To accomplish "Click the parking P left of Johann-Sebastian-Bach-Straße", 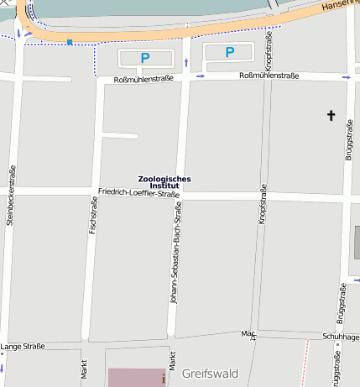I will tap(144, 59).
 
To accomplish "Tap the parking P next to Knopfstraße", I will tap(229, 52).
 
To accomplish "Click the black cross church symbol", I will tap(331, 115).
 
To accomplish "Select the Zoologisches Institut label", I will tap(164, 181).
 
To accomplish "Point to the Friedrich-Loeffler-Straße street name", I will tap(140, 193).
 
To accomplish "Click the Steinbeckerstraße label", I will tap(12, 195).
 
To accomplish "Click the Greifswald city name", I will tap(210, 374).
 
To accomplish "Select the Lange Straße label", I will tap(23, 346).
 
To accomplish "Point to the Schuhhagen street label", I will tap(340, 336).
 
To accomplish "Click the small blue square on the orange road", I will tap(69, 41).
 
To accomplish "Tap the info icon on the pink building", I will tap(163, 377).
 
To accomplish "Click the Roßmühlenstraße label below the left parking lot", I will tap(143, 79).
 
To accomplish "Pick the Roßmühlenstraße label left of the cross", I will tap(265, 76).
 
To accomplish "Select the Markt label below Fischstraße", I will tap(84, 371).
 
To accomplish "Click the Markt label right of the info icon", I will tap(173, 363).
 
